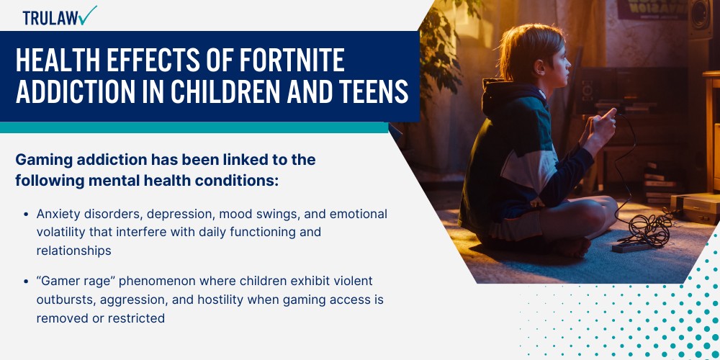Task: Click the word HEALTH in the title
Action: [55, 62]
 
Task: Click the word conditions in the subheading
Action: [235, 181]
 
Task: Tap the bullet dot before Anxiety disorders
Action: [26, 215]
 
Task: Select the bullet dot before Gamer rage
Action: [26, 281]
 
